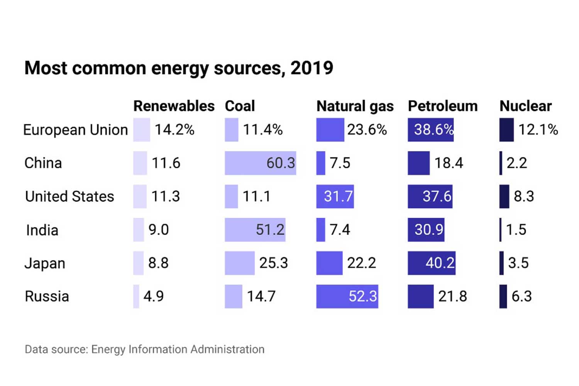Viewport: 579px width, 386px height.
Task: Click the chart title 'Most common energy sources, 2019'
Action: click(x=178, y=68)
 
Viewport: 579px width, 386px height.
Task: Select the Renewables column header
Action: click(x=174, y=106)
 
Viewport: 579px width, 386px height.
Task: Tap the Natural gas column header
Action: click(x=355, y=106)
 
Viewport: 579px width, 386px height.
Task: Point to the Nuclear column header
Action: click(x=525, y=106)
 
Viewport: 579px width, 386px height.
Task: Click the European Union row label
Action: click(x=76, y=130)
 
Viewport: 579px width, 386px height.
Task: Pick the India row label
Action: click(x=42, y=230)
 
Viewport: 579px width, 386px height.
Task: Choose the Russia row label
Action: click(x=47, y=296)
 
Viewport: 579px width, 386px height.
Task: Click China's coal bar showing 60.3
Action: click(x=260, y=163)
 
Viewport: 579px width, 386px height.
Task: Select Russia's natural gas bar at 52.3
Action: click(x=347, y=296)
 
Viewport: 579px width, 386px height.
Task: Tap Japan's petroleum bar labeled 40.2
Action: click(x=432, y=263)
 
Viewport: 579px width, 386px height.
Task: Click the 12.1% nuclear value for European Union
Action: click(x=538, y=130)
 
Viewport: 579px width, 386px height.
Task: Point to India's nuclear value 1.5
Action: click(x=516, y=230)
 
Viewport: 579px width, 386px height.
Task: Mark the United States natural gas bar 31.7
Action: click(x=335, y=196)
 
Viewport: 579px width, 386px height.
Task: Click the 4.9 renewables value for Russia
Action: click(x=154, y=296)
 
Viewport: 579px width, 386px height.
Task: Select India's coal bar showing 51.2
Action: click(x=255, y=230)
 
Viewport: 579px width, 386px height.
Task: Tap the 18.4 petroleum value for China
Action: click(x=449, y=163)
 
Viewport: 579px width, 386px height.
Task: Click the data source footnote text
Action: click(x=144, y=349)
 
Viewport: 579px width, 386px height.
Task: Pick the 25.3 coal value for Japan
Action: click(x=273, y=263)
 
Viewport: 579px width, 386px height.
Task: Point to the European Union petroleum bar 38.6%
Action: click(x=431, y=130)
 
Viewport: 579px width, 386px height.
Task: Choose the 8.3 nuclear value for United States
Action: click(x=523, y=196)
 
